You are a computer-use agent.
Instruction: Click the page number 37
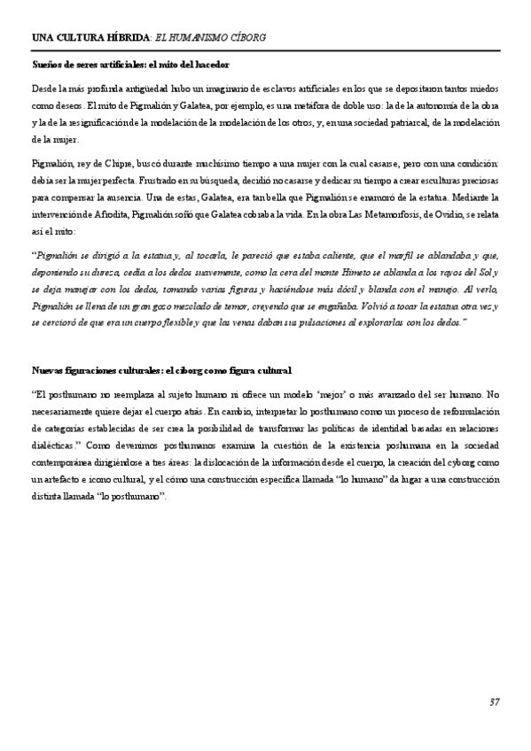click(495, 702)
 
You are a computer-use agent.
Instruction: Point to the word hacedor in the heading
click(213, 66)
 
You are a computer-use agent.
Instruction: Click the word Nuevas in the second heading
click(49, 368)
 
